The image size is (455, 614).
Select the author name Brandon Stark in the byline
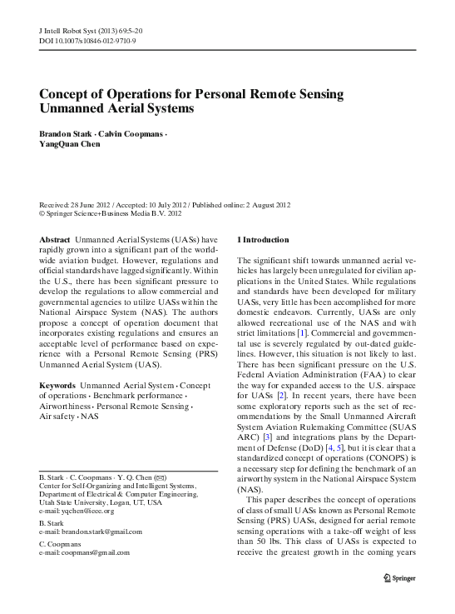pyautogui.click(x=63, y=134)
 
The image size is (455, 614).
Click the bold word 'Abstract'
pyautogui.click(x=55, y=239)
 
